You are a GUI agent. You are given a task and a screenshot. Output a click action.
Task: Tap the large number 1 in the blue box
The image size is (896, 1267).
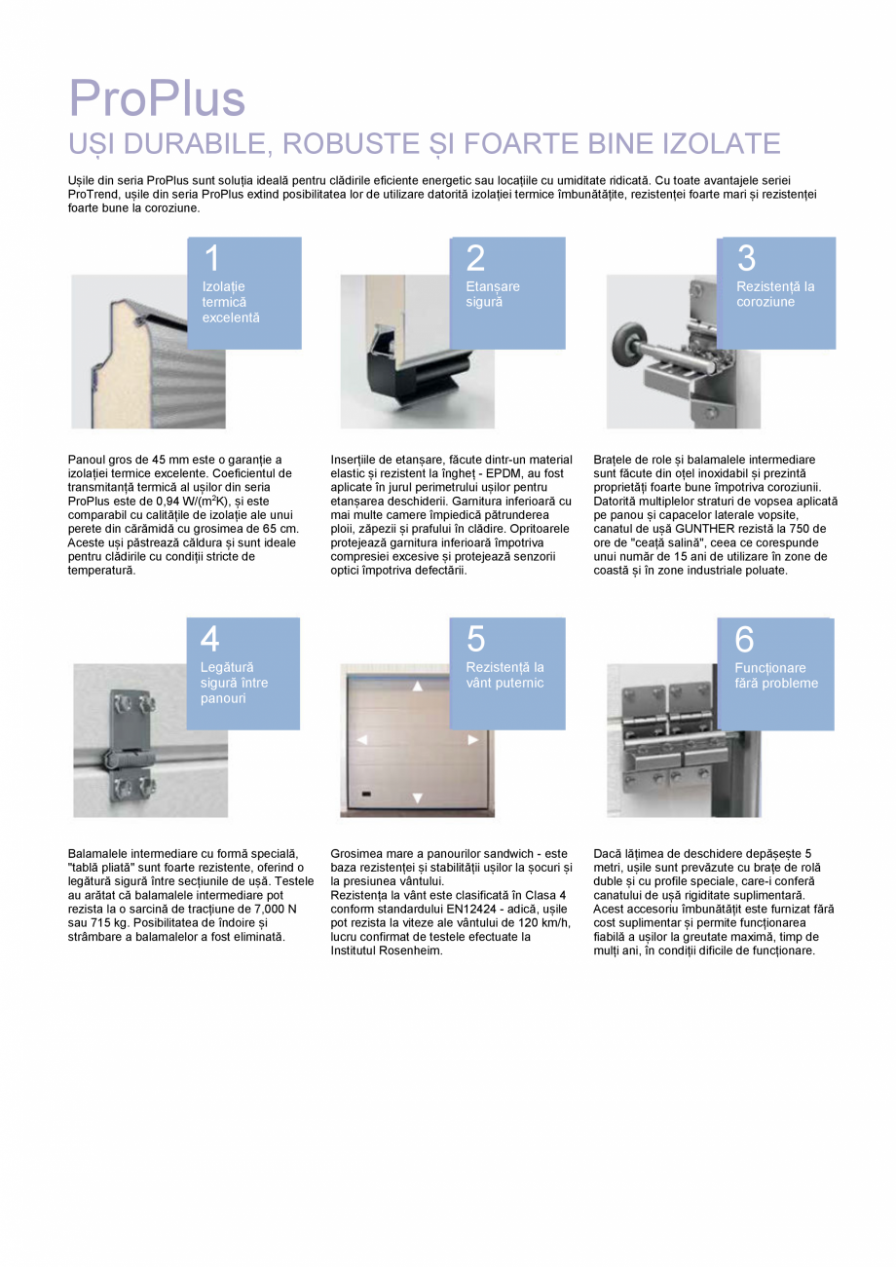pyautogui.click(x=212, y=258)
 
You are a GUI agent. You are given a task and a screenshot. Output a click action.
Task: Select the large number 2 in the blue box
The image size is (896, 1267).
pyautogui.click(x=475, y=258)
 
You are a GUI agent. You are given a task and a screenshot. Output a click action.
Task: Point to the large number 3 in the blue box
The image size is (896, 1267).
pyautogui.click(x=746, y=258)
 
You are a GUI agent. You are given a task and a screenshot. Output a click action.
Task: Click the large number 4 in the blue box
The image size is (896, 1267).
pyautogui.click(x=209, y=639)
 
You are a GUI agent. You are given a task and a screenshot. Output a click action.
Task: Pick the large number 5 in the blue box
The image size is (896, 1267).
pyautogui.click(x=475, y=639)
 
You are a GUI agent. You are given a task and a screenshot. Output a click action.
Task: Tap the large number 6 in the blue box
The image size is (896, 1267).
pyautogui.click(x=744, y=639)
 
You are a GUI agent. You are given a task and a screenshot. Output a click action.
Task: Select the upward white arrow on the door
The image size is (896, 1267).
pyautogui.click(x=418, y=687)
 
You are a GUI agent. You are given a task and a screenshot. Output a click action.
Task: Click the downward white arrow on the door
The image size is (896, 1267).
pyautogui.click(x=418, y=799)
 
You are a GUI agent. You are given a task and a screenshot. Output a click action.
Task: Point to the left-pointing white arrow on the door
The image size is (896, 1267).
pyautogui.click(x=362, y=739)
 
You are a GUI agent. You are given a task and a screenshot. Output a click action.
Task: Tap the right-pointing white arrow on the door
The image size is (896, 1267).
pyautogui.click(x=473, y=739)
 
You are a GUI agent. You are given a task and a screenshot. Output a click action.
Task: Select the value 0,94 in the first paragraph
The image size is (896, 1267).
pyautogui.click(x=168, y=502)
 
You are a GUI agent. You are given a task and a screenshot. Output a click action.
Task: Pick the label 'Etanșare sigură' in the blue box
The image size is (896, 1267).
pyautogui.click(x=493, y=294)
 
